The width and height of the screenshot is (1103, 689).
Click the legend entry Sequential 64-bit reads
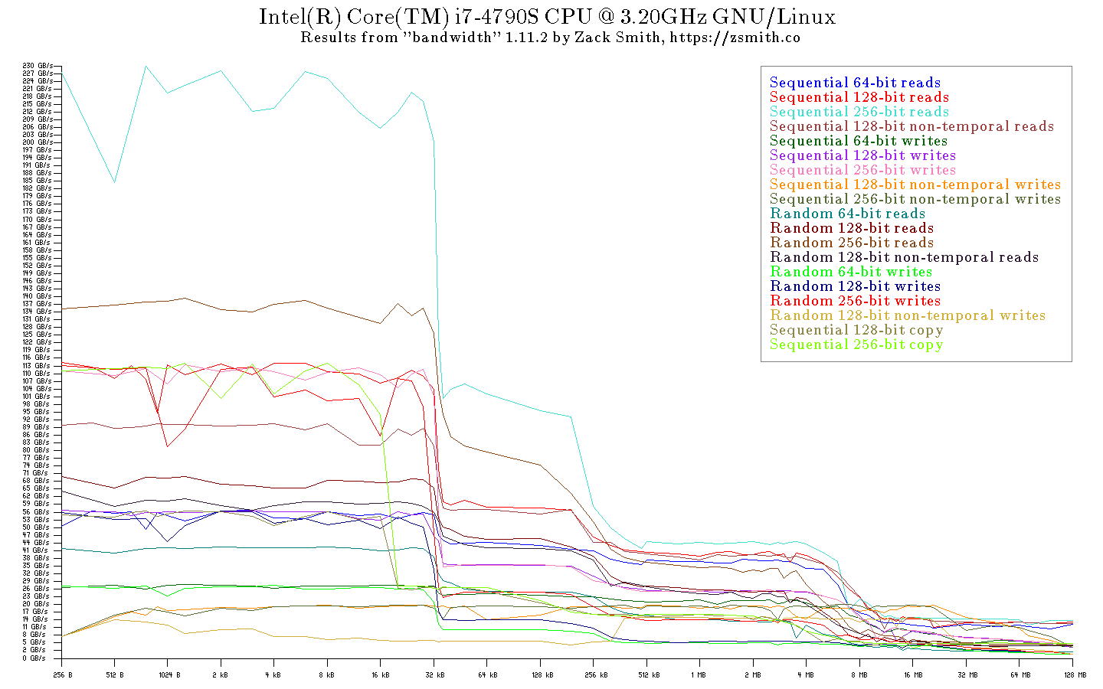click(855, 83)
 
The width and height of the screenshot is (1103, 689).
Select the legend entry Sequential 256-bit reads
click(859, 112)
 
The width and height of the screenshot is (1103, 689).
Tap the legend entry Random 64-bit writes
click(851, 272)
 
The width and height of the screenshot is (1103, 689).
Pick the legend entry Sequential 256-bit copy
click(856, 344)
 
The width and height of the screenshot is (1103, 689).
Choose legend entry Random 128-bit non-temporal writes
click(908, 315)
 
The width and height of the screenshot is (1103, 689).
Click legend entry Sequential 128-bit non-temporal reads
click(912, 126)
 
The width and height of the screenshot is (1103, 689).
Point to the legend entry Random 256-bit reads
click(852, 243)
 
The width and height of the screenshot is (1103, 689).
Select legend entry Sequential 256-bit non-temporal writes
click(915, 199)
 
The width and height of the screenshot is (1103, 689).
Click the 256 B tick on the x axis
click(63, 675)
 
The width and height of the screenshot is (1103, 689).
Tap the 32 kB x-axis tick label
click(434, 675)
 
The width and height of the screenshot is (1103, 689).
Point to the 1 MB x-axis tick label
click(698, 675)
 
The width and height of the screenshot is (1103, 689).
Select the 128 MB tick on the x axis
click(1075, 675)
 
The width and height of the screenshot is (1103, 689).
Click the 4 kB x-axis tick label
click(273, 675)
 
